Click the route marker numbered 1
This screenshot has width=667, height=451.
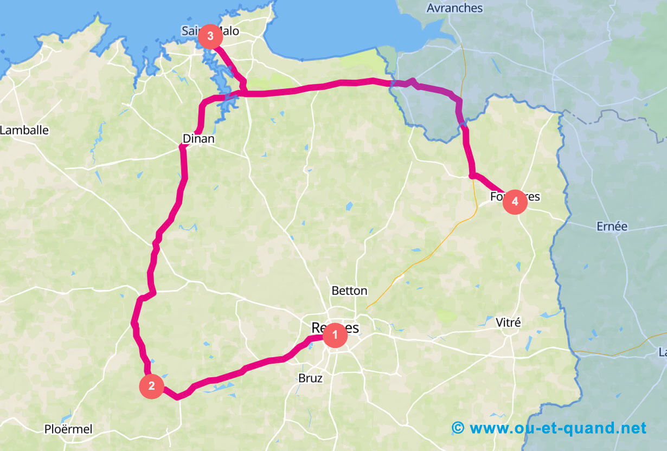tap(335, 336)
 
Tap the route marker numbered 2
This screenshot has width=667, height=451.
tap(151, 386)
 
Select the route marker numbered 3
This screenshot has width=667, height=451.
tap(210, 37)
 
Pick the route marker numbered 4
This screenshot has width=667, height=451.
tap(515, 202)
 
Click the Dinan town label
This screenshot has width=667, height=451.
tap(198, 139)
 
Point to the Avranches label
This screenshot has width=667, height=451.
tap(454, 8)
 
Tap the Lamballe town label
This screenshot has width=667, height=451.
tap(24, 130)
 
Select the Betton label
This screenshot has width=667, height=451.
tap(349, 291)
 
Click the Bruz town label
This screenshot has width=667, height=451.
tap(311, 378)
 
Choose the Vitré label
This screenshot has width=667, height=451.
tap(508, 323)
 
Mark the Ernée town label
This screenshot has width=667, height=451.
tap(612, 226)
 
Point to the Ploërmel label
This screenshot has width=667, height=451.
tap(68, 429)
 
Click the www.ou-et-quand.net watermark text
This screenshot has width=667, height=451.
tap(557, 428)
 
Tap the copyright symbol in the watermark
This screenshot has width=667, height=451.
tap(458, 428)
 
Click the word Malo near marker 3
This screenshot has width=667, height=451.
tap(229, 31)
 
